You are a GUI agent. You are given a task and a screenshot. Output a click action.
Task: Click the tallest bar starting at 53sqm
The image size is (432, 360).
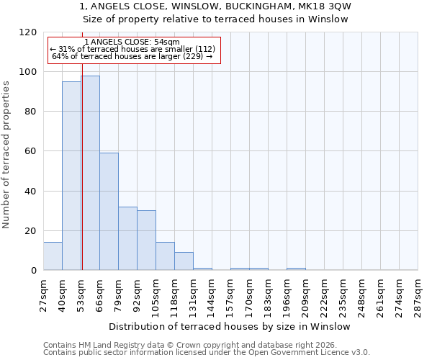pyautogui.click(x=90, y=173)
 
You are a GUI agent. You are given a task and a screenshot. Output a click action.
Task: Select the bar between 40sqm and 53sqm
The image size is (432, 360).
pyautogui.click(x=71, y=176)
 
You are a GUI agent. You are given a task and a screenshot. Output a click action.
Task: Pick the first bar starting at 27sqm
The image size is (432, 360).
pyautogui.click(x=53, y=256)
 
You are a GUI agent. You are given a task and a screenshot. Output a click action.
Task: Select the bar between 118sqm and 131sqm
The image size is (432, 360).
pyautogui.click(x=184, y=261)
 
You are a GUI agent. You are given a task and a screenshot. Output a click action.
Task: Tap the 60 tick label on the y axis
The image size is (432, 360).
pyautogui.click(x=32, y=151)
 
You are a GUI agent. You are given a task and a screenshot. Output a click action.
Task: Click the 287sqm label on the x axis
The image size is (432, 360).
pyautogui.click(x=418, y=293)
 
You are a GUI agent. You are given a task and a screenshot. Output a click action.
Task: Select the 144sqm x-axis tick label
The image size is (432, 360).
pyautogui.click(x=212, y=293)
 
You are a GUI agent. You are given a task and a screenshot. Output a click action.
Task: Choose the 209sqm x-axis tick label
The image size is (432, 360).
pyautogui.click(x=305, y=293)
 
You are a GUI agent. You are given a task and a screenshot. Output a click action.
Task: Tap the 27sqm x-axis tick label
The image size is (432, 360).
pyautogui.click(x=43, y=293)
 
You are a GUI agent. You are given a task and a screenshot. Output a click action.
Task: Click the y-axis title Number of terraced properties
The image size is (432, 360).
pyautogui.click(x=6, y=154)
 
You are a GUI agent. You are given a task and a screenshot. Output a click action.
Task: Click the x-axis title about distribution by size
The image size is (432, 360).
pyautogui.click(x=230, y=326)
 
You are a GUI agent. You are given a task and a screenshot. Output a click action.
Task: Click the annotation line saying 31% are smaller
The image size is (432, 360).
pyautogui.click(x=132, y=49)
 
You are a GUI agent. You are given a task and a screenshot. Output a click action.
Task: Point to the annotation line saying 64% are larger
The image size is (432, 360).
pyautogui.click(x=132, y=56)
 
